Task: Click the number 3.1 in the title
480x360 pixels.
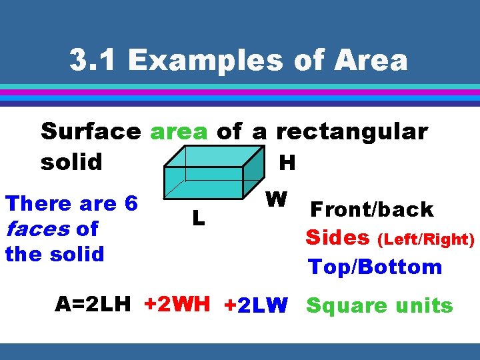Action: click(x=94, y=61)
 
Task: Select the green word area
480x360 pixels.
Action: click(x=179, y=131)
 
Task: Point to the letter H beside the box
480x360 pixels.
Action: click(x=287, y=162)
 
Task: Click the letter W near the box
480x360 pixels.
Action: click(x=275, y=199)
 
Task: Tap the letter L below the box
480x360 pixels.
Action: click(x=198, y=217)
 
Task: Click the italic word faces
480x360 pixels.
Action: click(x=37, y=229)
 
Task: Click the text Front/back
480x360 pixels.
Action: click(x=371, y=209)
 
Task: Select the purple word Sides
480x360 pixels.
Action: click(x=337, y=237)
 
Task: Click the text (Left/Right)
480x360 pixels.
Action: click(x=425, y=239)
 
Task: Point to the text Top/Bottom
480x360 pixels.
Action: click(x=375, y=267)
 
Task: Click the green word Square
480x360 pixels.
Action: click(x=347, y=306)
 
